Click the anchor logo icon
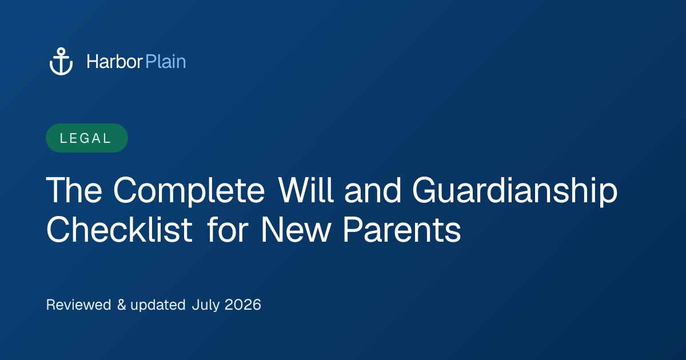[x=61, y=61]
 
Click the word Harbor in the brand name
[x=114, y=62]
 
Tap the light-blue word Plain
[x=166, y=62]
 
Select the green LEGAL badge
[x=87, y=138]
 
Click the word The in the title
[x=74, y=190]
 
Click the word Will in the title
[x=306, y=190]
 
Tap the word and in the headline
[x=373, y=190]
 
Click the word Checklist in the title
[x=119, y=230]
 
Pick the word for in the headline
[x=228, y=230]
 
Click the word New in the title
[x=296, y=230]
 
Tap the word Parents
[x=402, y=230]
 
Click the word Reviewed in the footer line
[x=78, y=305]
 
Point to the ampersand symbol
[x=122, y=305]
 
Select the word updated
[x=158, y=306]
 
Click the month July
[x=206, y=306]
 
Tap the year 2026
[x=243, y=305]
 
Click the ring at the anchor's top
[x=61, y=51]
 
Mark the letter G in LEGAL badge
[x=85, y=138]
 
